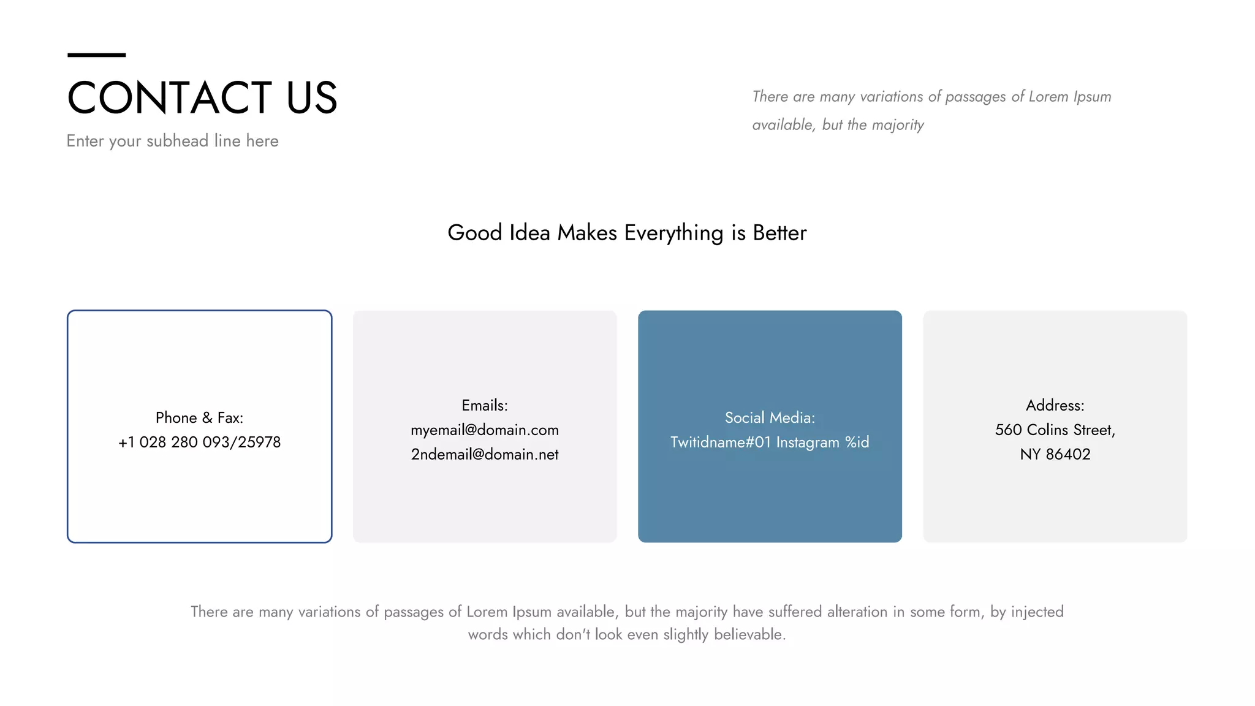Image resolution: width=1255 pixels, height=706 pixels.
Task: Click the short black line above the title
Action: (96, 55)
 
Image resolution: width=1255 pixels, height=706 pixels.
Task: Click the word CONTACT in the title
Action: (169, 98)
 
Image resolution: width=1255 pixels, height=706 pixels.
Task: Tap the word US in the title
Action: (311, 98)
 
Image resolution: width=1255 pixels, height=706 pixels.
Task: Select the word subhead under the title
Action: (177, 141)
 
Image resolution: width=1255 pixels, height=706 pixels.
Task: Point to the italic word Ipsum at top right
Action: (1092, 97)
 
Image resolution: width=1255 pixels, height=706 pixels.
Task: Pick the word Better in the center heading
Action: (779, 233)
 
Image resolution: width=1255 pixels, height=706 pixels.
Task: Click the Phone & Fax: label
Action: (199, 418)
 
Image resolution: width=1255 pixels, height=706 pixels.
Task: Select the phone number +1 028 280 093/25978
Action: (199, 442)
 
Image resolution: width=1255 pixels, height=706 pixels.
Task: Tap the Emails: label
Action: (484, 406)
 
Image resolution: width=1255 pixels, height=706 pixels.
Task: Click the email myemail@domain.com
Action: (484, 430)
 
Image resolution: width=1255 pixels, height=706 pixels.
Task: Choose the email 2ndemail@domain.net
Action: (484, 455)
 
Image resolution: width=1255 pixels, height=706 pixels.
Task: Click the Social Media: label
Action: (770, 418)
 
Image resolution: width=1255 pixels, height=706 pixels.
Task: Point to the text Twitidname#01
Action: (720, 442)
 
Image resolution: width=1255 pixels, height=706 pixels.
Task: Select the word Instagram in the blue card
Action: (808, 442)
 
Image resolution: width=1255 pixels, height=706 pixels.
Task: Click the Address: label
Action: (1055, 406)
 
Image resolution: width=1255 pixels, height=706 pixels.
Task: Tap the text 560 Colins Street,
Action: (1055, 430)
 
